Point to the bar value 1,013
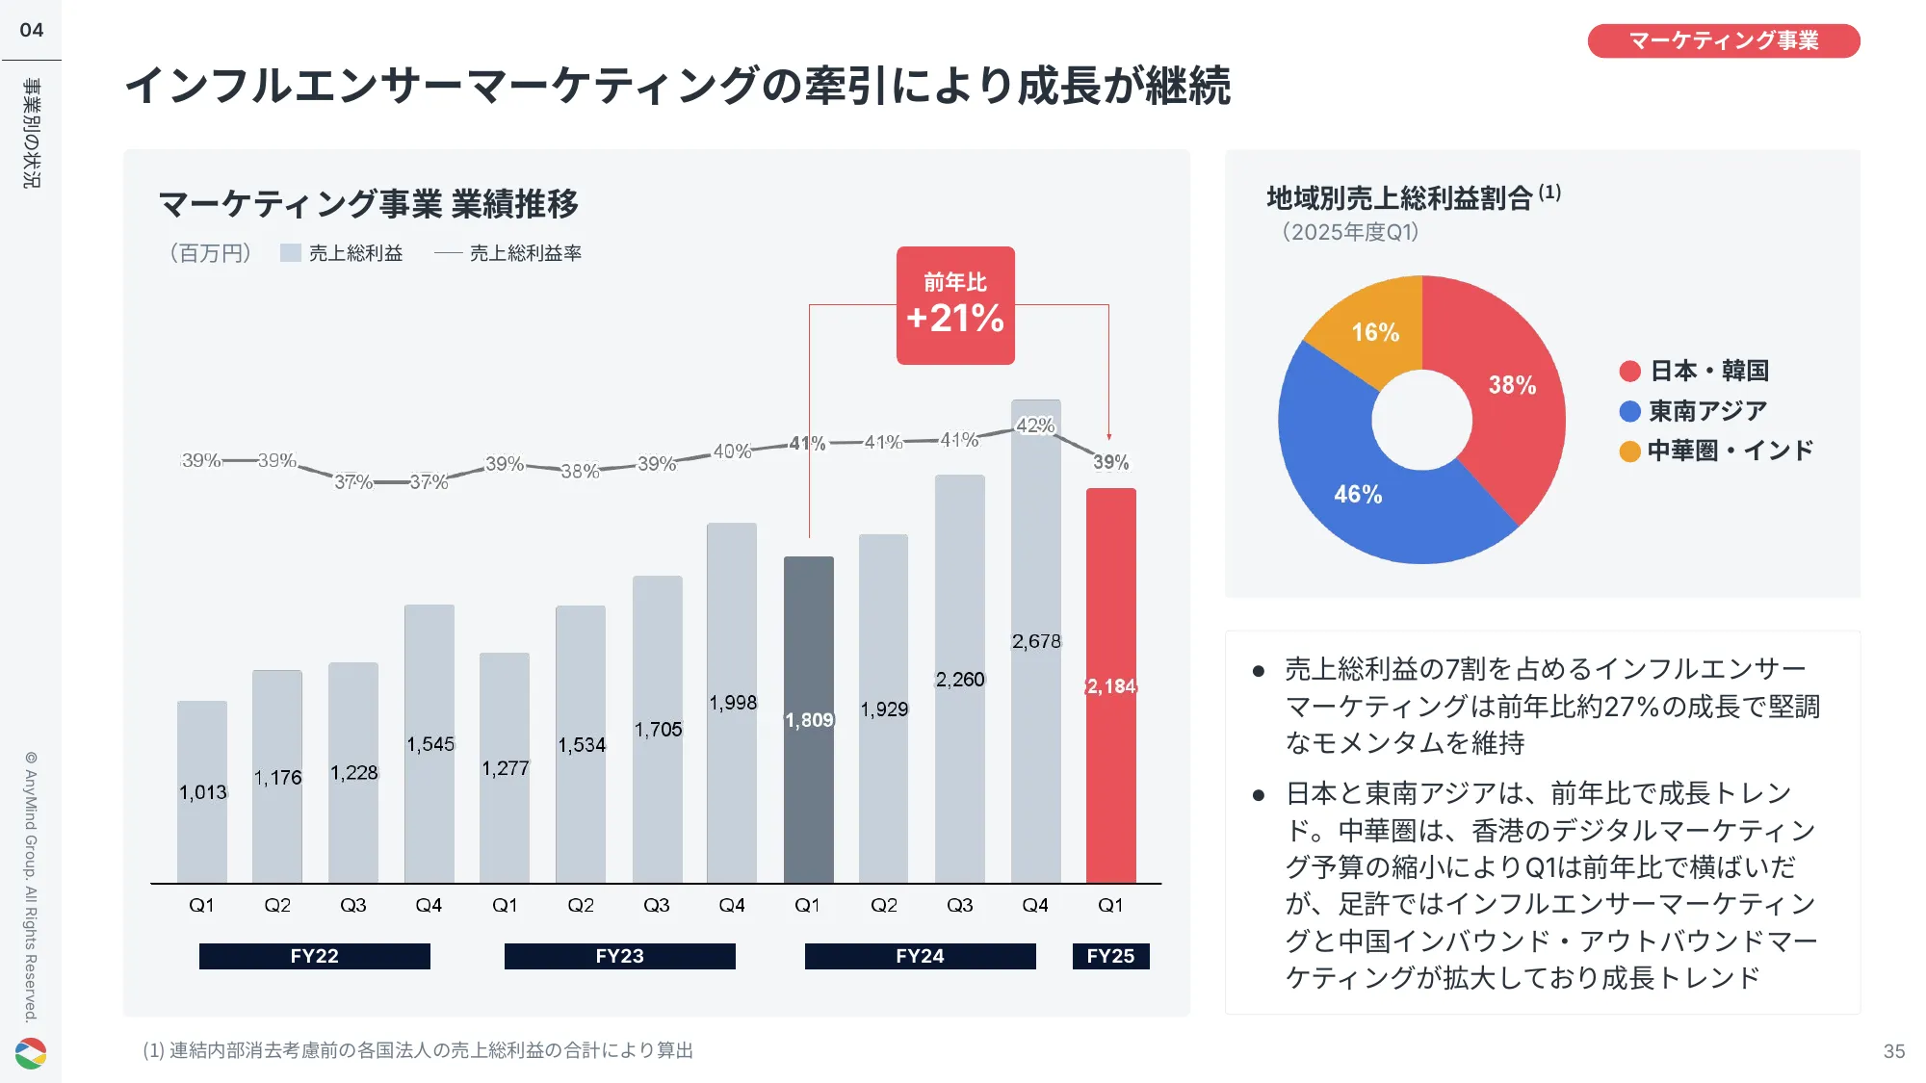(x=202, y=792)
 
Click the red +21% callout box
(x=955, y=305)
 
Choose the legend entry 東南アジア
(x=1694, y=411)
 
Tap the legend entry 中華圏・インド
(x=1717, y=451)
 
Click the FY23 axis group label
(x=619, y=956)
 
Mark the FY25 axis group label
(x=1110, y=956)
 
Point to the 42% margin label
(x=1035, y=425)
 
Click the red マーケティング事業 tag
(x=1723, y=40)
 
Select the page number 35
(x=1893, y=1051)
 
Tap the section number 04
(x=32, y=30)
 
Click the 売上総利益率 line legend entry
(x=508, y=253)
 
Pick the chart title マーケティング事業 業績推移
(x=368, y=204)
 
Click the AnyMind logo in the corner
(x=31, y=1053)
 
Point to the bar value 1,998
(x=733, y=703)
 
